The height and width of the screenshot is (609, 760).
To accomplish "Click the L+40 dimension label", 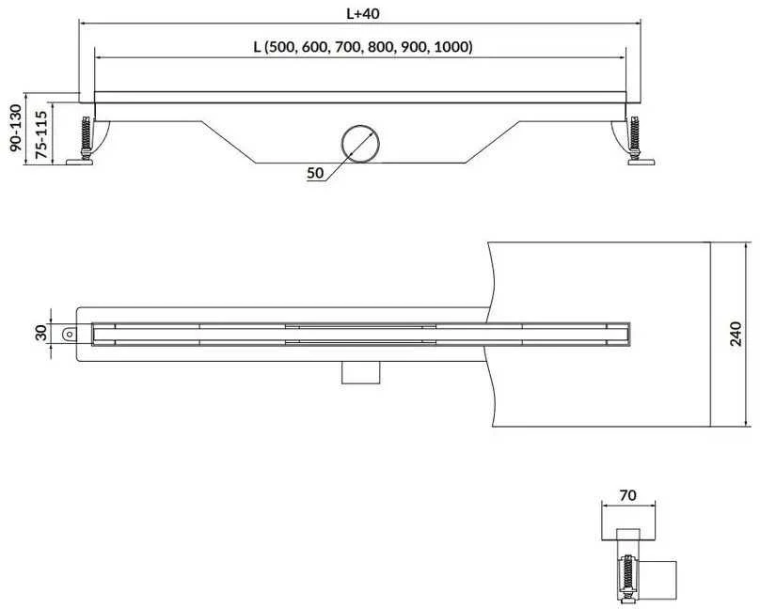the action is click(362, 13).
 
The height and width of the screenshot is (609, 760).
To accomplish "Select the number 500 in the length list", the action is click(282, 47).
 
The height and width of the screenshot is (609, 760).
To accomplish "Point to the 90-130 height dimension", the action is click(16, 127).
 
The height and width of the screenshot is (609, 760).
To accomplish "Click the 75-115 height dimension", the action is click(41, 134).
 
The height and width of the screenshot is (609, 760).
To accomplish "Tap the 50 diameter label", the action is click(315, 173).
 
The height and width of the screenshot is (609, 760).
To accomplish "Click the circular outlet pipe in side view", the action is click(360, 143).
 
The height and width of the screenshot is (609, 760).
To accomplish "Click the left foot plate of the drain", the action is click(80, 162).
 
